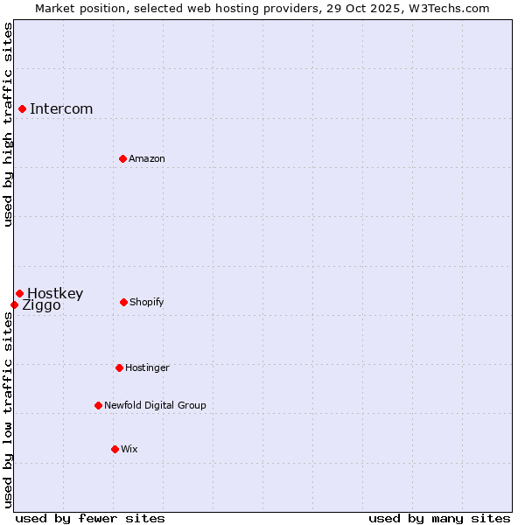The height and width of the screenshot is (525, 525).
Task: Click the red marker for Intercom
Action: tap(22, 108)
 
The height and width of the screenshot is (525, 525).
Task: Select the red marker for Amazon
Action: tap(122, 158)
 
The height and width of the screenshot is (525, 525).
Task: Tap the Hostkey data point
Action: tap(19, 293)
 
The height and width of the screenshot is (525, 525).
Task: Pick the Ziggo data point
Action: tap(14, 304)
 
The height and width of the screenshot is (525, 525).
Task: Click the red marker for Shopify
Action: tap(123, 302)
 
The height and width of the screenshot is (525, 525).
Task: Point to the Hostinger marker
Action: tap(119, 367)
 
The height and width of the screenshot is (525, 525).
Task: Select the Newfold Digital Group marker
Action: tap(98, 405)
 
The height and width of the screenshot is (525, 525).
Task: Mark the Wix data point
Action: tap(115, 449)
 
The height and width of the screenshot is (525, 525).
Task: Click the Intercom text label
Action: tap(61, 108)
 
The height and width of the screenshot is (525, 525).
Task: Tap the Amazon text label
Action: tap(147, 158)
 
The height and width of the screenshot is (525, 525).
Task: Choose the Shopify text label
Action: tap(147, 302)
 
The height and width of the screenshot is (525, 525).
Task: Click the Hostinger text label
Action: tap(147, 367)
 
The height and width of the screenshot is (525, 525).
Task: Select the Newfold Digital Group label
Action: tap(155, 405)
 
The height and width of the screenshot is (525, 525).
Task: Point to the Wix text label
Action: tap(129, 449)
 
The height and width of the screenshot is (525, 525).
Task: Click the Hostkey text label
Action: tap(55, 293)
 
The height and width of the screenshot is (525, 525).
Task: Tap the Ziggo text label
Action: tap(41, 305)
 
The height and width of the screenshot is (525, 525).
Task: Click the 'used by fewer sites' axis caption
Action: tap(89, 518)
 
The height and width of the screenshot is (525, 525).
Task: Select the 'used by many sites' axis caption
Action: tap(439, 518)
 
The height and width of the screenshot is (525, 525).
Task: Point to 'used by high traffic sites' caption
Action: tap(8, 124)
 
